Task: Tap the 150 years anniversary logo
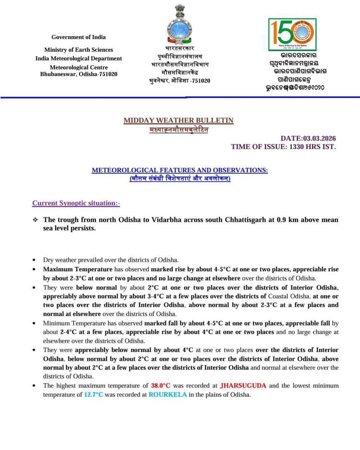[292, 35]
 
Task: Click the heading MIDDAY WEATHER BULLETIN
[178, 120]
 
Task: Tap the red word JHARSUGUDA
[243, 386]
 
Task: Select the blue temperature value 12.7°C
[94, 395]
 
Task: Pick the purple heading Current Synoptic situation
[76, 203]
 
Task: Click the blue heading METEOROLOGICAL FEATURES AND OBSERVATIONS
[180, 170]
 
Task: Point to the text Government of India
[79, 37]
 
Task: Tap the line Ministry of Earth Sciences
[79, 50]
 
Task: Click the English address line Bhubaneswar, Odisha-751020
[79, 74]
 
